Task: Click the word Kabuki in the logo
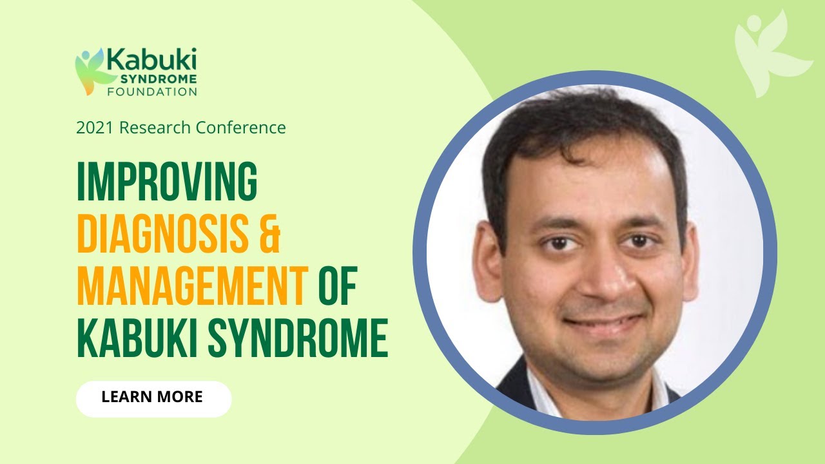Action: pos(151,60)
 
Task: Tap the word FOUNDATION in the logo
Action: pos(152,92)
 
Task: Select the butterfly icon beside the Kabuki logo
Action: pos(88,71)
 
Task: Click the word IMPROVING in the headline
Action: pos(167,182)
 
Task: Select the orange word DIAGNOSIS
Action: pos(162,236)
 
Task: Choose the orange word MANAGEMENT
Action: pos(191,289)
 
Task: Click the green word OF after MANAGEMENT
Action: pos(337,289)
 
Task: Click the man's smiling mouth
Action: pos(602,320)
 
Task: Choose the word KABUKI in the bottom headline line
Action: pos(139,341)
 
